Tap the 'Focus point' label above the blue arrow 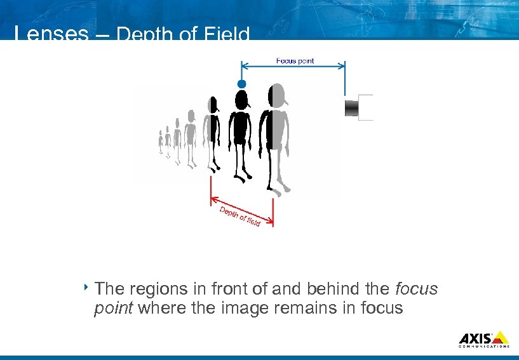coord(295,61)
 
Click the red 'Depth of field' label coord(240,217)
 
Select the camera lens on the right coord(358,107)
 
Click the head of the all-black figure coord(241,99)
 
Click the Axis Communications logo coord(483,339)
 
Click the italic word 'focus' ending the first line coord(416,290)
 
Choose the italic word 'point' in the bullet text coord(112,309)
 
